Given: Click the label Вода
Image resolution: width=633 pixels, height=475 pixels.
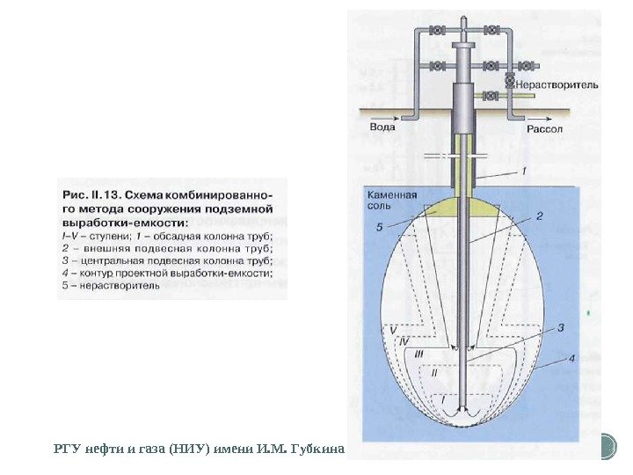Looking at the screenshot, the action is click(381, 128).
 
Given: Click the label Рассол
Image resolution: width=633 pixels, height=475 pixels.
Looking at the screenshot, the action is click(543, 128).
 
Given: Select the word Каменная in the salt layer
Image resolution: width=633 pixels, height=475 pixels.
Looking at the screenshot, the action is click(392, 195).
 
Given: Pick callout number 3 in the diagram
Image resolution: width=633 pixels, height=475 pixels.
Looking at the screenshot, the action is click(560, 327).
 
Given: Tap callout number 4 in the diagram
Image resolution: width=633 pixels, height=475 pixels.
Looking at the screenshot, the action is click(571, 357).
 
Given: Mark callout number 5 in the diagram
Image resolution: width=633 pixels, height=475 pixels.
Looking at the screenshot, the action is click(379, 228).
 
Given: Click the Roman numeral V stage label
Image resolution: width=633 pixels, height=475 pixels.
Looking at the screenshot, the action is click(395, 330).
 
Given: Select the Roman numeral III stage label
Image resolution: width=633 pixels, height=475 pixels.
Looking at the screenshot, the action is click(419, 353).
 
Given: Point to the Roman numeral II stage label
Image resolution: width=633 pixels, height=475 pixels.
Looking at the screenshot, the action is click(433, 373).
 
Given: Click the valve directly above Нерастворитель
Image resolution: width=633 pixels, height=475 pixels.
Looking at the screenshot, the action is click(510, 82).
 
